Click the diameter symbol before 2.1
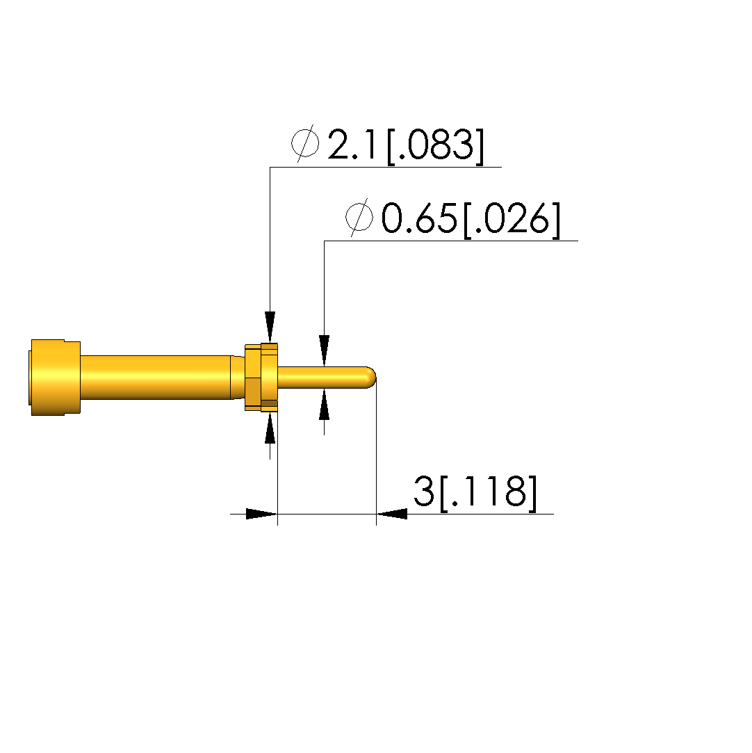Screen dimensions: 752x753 [305, 143]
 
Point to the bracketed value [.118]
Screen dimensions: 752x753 [488, 493]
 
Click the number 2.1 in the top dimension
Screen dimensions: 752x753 [353, 145]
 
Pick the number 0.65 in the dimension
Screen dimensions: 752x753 [419, 218]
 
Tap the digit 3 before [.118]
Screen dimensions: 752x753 [424, 492]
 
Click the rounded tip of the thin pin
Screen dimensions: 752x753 [371, 378]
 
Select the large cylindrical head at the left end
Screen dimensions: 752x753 [55, 378]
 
